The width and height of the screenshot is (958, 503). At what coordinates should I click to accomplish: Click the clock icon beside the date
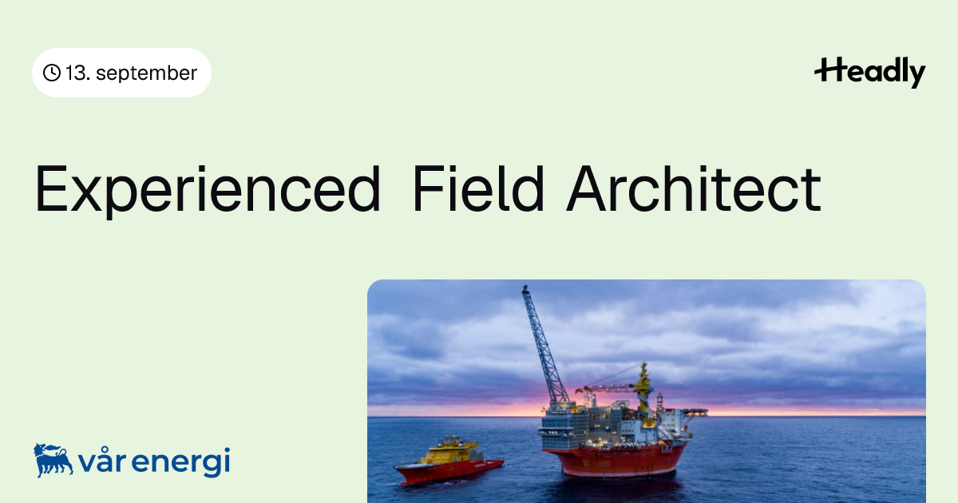tap(52, 73)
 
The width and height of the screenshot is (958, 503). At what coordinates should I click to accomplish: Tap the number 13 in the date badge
tap(76, 73)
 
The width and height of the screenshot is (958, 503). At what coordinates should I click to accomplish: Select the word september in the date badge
tap(146, 73)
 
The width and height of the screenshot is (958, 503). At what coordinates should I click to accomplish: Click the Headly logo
tap(870, 73)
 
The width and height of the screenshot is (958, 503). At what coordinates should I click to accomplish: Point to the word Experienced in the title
tap(208, 190)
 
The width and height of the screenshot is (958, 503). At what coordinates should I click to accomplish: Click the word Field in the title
tap(478, 188)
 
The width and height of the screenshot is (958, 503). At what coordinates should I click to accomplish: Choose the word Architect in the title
tap(693, 188)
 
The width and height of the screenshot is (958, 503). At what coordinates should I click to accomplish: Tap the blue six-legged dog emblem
tap(53, 460)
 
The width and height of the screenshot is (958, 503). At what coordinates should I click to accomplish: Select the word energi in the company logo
tap(181, 462)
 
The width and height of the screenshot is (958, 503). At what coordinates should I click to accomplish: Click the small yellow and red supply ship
tap(449, 461)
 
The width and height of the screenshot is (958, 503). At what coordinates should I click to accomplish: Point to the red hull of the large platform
tap(614, 460)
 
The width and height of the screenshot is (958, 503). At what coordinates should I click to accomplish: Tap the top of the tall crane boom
tap(525, 288)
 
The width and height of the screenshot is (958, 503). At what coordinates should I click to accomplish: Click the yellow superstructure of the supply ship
tap(449, 452)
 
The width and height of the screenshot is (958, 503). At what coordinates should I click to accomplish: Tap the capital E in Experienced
tap(51, 188)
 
